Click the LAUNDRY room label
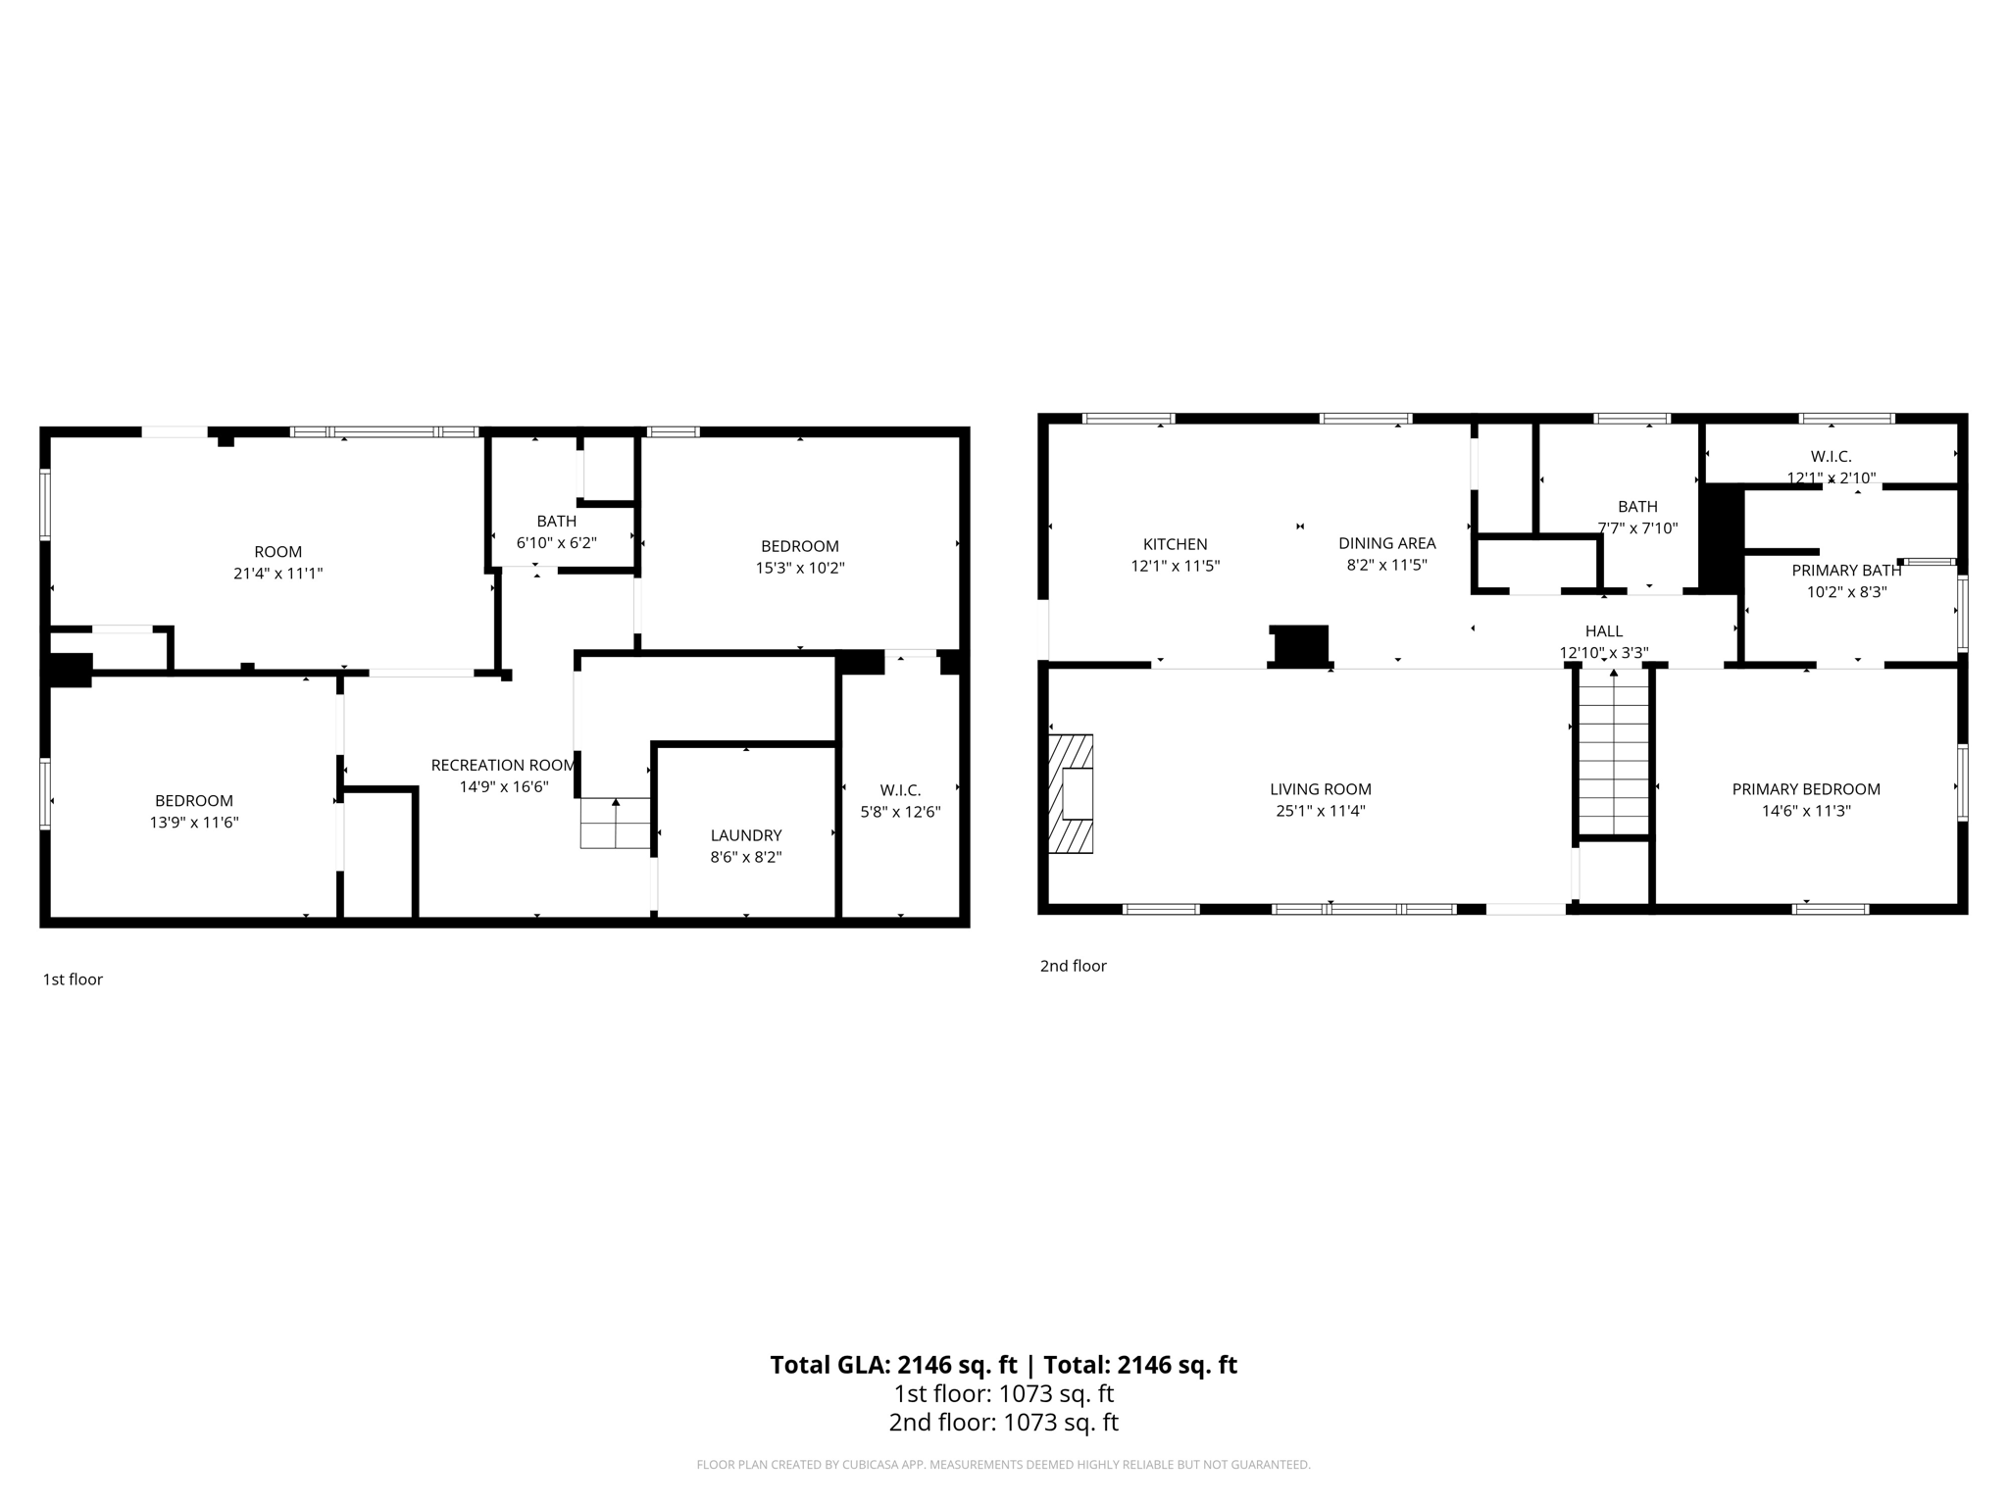[x=746, y=835]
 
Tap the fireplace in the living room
[x=1072, y=794]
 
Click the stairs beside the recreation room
[x=616, y=823]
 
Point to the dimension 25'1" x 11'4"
[x=1320, y=811]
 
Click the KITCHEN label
[x=1175, y=544]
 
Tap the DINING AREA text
[x=1386, y=543]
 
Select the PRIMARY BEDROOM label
[x=1805, y=789]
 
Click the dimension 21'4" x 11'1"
[x=277, y=574]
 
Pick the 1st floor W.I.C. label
[x=900, y=790]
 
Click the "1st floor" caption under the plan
[x=73, y=979]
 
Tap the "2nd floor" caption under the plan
[x=1073, y=966]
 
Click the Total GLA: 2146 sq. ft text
[x=893, y=1365]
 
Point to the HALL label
[x=1603, y=631]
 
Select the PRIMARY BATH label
[x=1846, y=571]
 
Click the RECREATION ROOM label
[x=503, y=765]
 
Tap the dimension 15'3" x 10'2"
[x=799, y=568]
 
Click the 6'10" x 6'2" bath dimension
[x=556, y=542]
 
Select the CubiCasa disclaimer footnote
[x=1003, y=1465]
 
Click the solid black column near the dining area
[x=1300, y=645]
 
